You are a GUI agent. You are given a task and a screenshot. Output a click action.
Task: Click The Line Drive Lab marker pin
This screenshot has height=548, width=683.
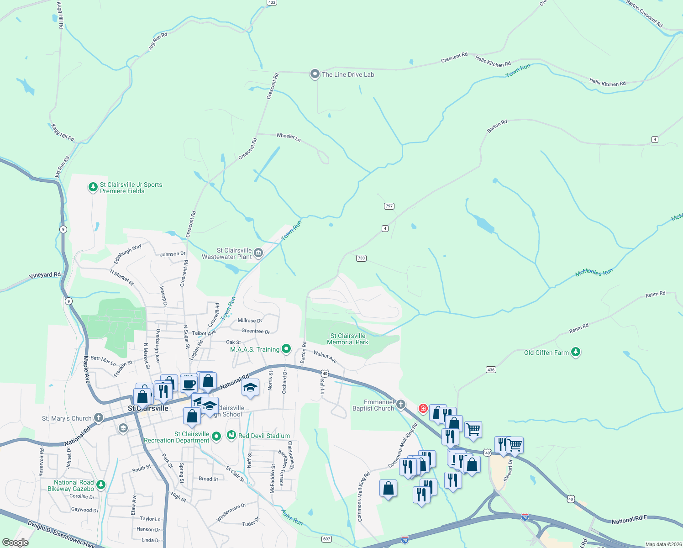click(315, 74)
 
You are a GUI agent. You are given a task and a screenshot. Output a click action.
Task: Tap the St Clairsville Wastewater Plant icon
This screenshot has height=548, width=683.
click(258, 253)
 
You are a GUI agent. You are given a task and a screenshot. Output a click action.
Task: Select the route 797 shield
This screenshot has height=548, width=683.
click(389, 206)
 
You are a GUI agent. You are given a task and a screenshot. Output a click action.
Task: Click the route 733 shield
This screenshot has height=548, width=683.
click(361, 258)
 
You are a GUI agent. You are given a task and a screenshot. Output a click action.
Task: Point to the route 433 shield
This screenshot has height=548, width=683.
click(272, 2)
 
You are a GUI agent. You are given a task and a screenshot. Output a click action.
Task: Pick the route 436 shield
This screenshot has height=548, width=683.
click(491, 370)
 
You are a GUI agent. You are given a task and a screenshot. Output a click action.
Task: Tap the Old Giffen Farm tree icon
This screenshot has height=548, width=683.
click(576, 352)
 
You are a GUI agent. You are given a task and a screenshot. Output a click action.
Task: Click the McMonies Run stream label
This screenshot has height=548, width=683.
click(594, 273)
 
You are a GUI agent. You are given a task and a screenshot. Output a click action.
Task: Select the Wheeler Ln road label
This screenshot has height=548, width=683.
click(289, 137)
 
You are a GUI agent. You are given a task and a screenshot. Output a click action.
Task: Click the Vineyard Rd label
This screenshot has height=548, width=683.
click(45, 275)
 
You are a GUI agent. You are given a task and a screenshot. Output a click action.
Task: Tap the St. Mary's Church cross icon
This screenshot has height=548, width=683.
click(99, 418)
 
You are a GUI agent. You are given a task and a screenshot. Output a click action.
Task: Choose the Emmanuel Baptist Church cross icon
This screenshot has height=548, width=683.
click(400, 404)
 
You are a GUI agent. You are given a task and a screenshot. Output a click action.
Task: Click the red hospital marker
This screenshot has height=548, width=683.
click(423, 408)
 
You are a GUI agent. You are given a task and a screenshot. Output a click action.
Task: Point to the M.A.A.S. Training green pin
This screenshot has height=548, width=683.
click(286, 349)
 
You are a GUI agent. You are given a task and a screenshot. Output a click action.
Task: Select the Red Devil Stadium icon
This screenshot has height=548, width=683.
click(231, 435)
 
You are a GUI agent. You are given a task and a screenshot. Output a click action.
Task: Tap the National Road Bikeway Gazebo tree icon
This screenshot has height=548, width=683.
click(101, 485)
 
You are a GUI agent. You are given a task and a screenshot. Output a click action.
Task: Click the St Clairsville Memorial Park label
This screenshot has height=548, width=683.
click(347, 339)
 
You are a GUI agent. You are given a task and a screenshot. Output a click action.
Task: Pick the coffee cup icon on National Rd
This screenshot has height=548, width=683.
click(189, 384)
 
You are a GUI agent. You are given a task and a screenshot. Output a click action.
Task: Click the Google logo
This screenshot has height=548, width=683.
click(16, 543)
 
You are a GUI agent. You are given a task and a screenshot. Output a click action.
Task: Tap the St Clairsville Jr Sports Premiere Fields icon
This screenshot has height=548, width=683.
click(93, 187)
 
